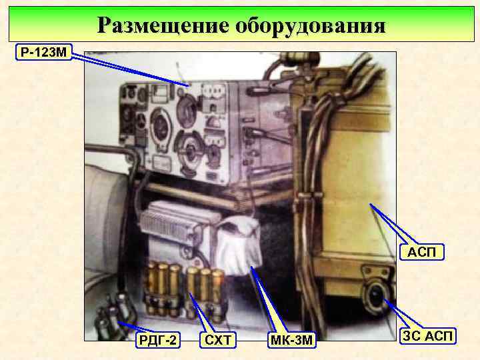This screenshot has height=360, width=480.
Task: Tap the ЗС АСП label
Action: point(429,337)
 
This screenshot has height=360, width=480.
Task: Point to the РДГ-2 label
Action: point(157,341)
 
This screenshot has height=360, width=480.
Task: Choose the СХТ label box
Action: point(219,341)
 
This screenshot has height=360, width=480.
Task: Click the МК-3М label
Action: point(291,341)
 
